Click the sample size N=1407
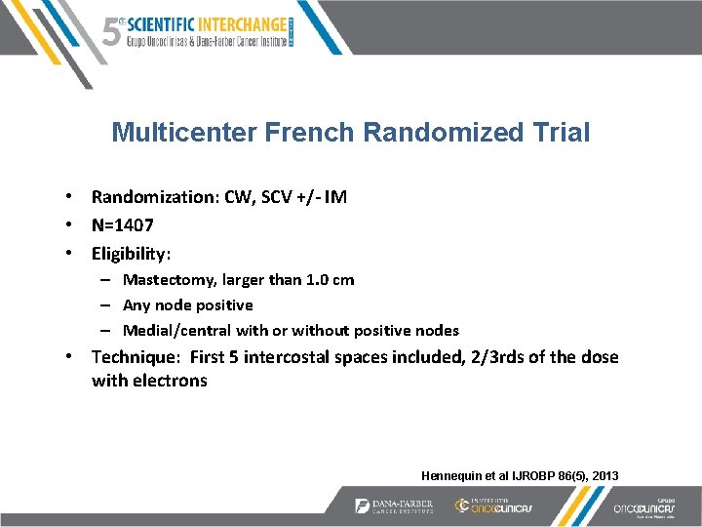[x=122, y=224]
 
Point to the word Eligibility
[x=130, y=254]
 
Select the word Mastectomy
[x=167, y=280]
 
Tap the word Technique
[x=135, y=357]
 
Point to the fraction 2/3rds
[x=491, y=357]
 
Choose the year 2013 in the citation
[x=602, y=475]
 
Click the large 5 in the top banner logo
[x=112, y=31]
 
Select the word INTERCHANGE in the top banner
[x=239, y=23]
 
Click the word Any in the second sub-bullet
[x=136, y=305]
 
